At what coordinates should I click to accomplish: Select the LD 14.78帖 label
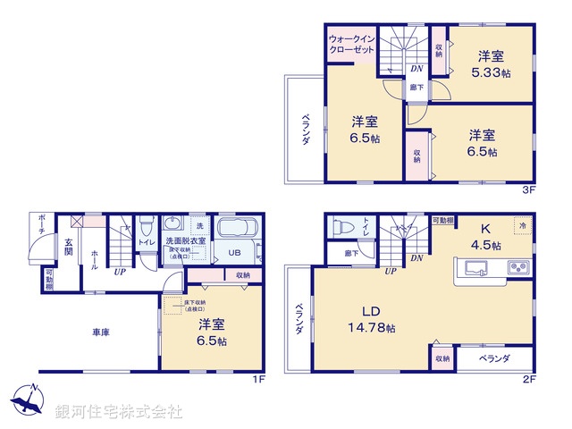click(x=371, y=320)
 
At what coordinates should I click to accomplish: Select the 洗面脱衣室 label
click(x=185, y=241)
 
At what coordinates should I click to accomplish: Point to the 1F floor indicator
click(x=258, y=379)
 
